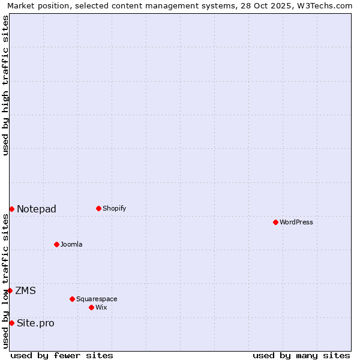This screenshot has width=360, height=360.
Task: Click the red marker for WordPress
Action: [x=275, y=222]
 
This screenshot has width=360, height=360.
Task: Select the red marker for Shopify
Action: [x=98, y=208]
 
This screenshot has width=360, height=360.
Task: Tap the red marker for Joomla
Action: [x=56, y=244]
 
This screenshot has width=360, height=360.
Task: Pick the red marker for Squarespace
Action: [x=72, y=299]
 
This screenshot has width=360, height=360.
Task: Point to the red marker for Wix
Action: [x=91, y=307]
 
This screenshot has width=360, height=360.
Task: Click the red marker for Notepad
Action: [x=11, y=209]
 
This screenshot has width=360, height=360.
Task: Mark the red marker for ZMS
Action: [x=10, y=290]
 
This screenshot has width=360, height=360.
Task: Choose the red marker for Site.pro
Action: [x=11, y=323]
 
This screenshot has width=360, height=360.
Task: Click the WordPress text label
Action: [x=296, y=222]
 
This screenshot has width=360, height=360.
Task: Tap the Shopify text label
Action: [x=115, y=208]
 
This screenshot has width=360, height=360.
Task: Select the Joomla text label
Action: [x=71, y=244]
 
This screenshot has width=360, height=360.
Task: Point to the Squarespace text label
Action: [x=97, y=299]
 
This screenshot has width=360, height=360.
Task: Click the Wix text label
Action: [x=101, y=307]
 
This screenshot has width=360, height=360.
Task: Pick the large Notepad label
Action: [x=37, y=209]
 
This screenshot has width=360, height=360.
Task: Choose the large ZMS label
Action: [x=26, y=290]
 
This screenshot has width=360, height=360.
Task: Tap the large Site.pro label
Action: [x=35, y=323]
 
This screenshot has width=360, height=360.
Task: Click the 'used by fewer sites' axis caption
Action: [x=62, y=355]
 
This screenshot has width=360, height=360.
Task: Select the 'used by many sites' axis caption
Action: [x=301, y=355]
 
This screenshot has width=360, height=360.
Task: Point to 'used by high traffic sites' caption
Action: [x=5, y=85]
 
